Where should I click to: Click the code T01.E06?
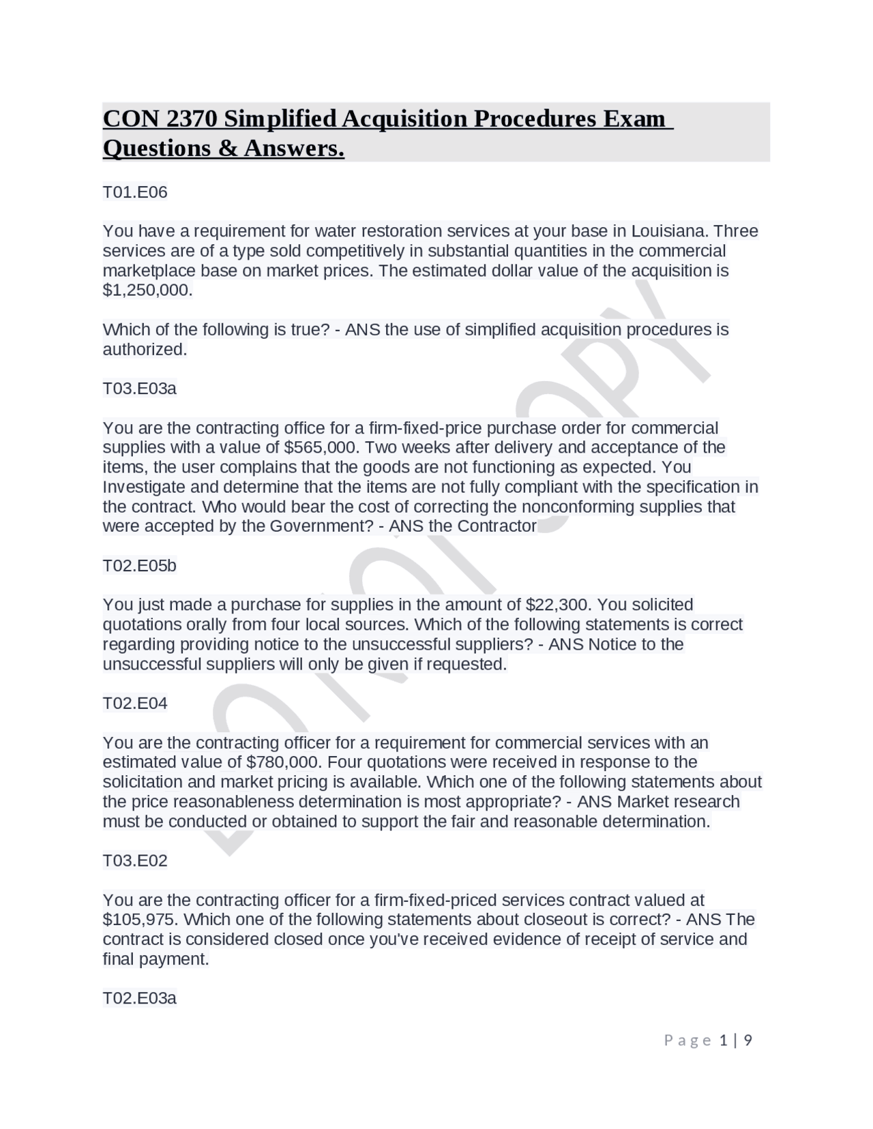[x=134, y=192]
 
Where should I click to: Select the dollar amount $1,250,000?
[x=147, y=290]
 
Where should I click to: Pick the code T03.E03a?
[x=139, y=389]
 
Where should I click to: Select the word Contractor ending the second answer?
[x=497, y=526]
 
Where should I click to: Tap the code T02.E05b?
[x=139, y=566]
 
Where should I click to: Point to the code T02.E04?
[x=134, y=704]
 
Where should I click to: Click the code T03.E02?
[x=134, y=861]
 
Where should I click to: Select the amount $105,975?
[x=140, y=920]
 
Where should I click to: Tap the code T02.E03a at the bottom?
[x=139, y=999]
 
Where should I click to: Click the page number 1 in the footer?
[x=724, y=1040]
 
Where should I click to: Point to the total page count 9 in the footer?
[x=748, y=1040]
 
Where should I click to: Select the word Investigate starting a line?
[x=143, y=487]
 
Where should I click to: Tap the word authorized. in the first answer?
[x=145, y=350]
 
